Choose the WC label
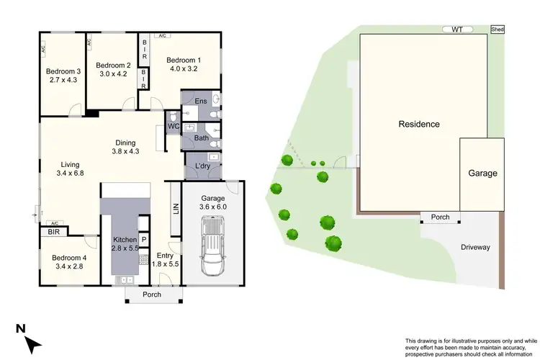173,127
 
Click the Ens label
201,102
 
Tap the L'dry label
202,166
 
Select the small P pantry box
143,240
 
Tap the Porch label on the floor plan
151,294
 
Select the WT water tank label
457,30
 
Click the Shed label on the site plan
497,30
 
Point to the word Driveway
475,247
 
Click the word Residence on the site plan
419,124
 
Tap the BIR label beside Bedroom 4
54,232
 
